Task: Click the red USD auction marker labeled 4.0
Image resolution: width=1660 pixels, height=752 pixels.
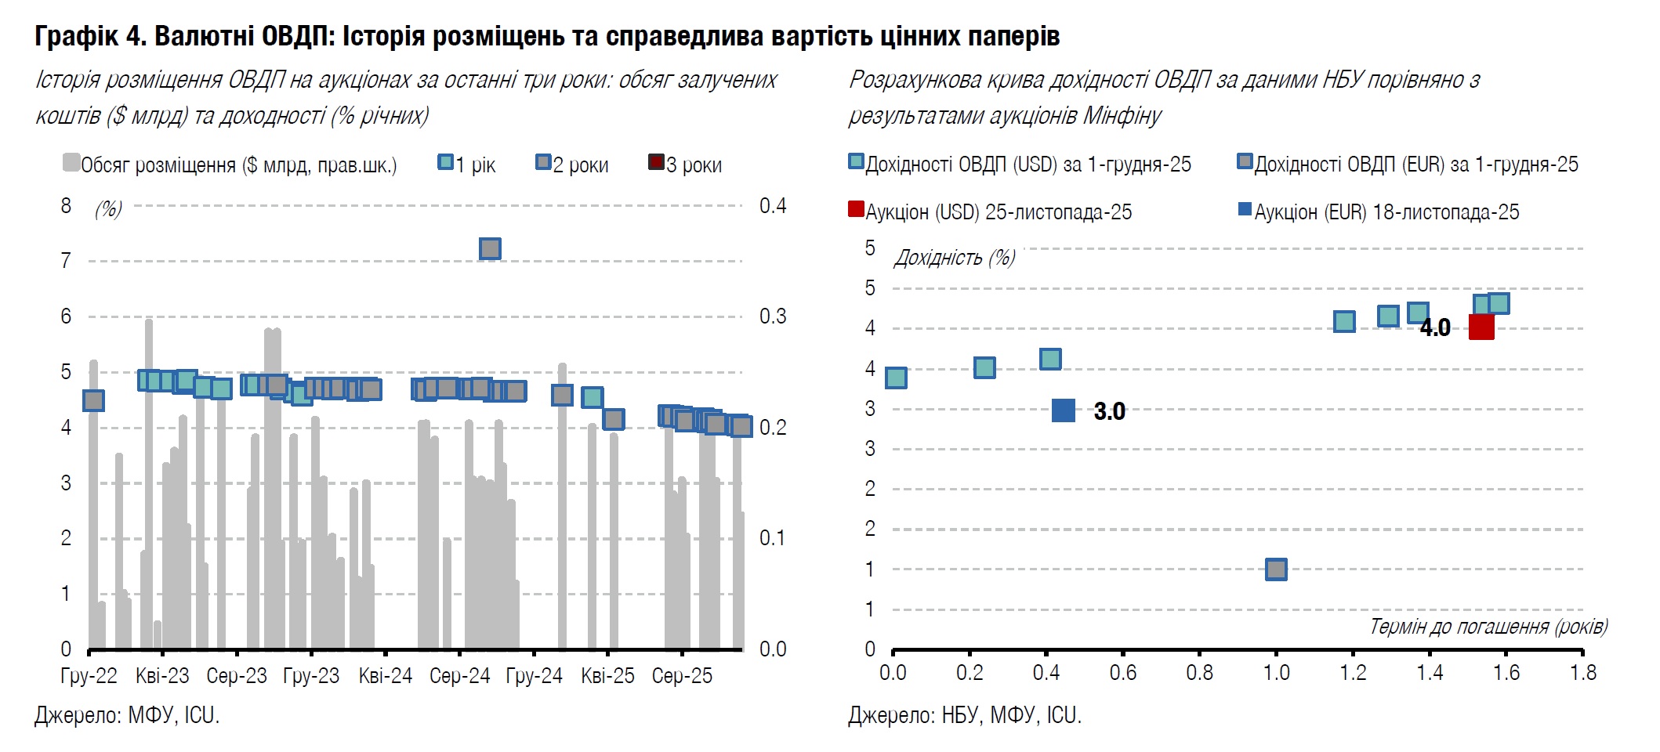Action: click(1481, 327)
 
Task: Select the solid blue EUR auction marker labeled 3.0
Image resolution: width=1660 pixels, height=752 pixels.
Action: click(1063, 410)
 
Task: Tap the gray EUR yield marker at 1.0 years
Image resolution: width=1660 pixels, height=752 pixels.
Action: click(1275, 569)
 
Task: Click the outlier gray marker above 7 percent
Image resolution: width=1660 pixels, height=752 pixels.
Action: click(490, 248)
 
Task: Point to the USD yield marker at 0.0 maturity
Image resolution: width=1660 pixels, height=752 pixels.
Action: click(896, 378)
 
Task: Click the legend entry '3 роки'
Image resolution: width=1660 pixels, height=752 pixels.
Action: click(685, 164)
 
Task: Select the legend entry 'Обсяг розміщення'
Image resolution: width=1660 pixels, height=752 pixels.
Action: click(230, 164)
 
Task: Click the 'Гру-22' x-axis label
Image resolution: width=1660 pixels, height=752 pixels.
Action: click(89, 675)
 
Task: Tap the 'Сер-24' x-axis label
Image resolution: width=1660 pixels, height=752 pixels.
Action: click(459, 675)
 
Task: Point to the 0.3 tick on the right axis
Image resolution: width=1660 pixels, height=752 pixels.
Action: click(772, 316)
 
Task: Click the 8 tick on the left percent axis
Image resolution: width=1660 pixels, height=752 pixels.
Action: click(66, 206)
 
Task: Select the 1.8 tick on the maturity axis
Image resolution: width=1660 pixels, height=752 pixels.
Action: click(1582, 672)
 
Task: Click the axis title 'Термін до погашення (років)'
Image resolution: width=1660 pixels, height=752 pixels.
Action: click(1488, 626)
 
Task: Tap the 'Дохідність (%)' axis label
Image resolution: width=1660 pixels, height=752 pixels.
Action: click(954, 258)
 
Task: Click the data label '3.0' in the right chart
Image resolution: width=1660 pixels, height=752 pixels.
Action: click(1109, 411)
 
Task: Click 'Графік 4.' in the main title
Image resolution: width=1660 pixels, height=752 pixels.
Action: click(90, 36)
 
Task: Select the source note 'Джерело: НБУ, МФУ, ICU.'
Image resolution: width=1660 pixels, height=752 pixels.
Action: click(964, 715)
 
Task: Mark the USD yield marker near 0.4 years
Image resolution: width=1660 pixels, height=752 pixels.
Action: click(1050, 360)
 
